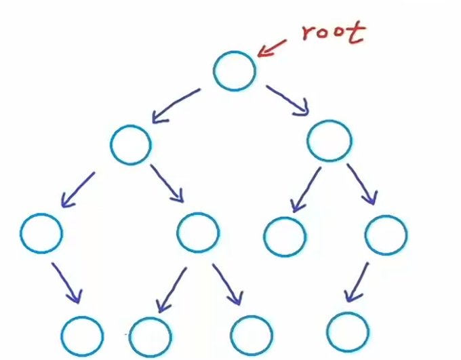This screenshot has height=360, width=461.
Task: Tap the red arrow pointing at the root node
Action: pos(273,47)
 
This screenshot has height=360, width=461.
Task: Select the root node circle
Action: pos(235,70)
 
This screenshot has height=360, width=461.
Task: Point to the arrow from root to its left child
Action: pos(176,105)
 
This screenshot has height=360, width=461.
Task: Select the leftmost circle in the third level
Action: pos(41,233)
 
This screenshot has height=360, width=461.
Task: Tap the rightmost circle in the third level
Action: pos(385,235)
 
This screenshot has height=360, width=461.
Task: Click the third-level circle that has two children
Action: pos(198,233)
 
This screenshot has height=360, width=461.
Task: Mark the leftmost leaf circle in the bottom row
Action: pos(83,336)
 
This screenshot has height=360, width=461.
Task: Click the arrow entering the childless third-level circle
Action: pos(306,189)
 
